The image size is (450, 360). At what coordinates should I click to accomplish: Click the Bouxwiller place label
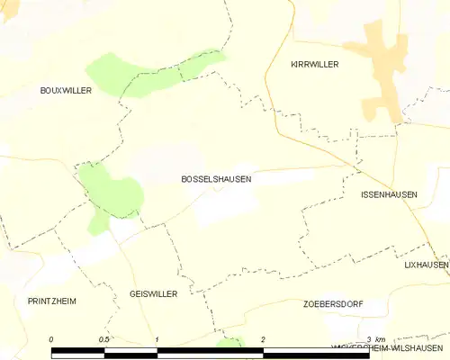[x=67, y=91]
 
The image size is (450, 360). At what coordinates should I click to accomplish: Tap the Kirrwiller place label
[x=314, y=65]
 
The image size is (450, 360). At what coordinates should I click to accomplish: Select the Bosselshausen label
[x=216, y=179]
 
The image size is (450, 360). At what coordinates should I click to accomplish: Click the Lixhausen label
[x=426, y=265]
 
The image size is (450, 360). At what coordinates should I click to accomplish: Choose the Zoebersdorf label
[x=333, y=304]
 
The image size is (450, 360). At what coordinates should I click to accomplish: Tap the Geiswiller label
[x=153, y=294]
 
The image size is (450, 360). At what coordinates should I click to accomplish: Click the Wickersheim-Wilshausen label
[x=390, y=346]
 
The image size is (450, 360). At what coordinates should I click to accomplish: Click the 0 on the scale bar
[x=51, y=338]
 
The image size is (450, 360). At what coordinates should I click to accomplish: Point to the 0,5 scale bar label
[x=105, y=338]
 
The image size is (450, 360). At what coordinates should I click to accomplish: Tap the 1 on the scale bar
[x=157, y=338]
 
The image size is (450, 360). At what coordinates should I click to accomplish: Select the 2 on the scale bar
[x=262, y=338]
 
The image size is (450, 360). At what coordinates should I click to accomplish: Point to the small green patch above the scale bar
[x=231, y=342]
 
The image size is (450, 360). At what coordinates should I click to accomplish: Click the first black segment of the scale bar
[x=78, y=351]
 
